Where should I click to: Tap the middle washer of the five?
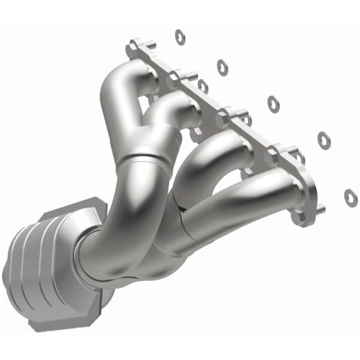coord(274,103)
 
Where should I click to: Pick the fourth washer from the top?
coord(323,139)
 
